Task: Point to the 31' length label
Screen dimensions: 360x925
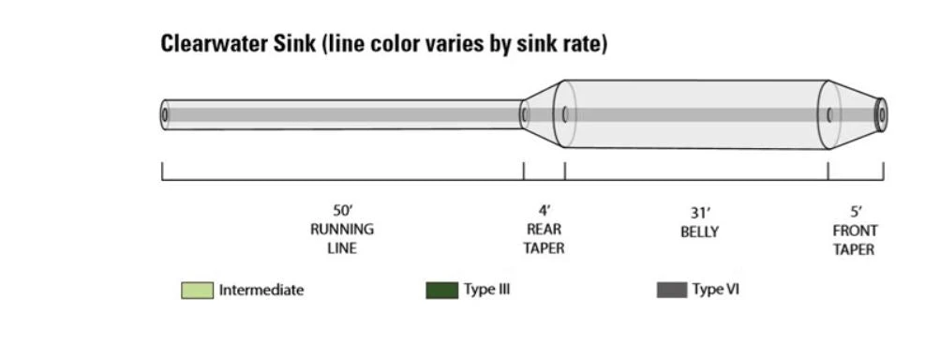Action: point(699,213)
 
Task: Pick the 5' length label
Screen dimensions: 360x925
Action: point(855,212)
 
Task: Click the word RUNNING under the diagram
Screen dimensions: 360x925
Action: point(342,230)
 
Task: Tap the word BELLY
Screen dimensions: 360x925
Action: point(699,232)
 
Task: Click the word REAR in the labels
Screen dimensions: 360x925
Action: point(544,230)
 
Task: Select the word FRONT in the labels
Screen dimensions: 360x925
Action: point(855,231)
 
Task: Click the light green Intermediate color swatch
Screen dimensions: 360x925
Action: point(197,291)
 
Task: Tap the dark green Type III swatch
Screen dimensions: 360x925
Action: point(441,291)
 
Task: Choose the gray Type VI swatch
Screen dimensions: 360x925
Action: point(672,291)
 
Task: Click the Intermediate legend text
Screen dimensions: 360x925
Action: point(261,291)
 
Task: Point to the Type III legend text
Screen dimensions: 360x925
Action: point(486,290)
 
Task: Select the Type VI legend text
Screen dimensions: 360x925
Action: point(716,290)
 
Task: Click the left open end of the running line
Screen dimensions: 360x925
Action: point(166,114)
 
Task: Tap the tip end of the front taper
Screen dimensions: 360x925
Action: point(880,114)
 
